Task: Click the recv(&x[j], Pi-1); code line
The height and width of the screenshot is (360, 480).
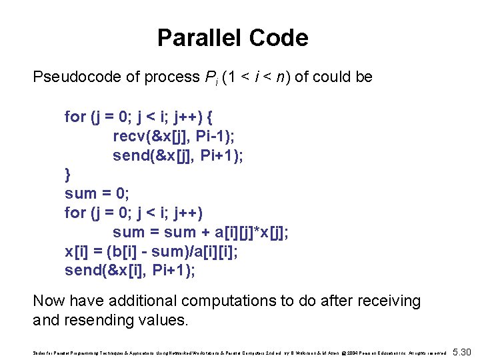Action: (x=171, y=137)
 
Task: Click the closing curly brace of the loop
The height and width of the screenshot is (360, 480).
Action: (x=67, y=175)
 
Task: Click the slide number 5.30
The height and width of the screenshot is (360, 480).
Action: (x=461, y=352)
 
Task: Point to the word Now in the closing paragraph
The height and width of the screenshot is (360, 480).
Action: (x=49, y=301)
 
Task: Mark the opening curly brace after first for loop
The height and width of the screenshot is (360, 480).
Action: (x=210, y=117)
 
